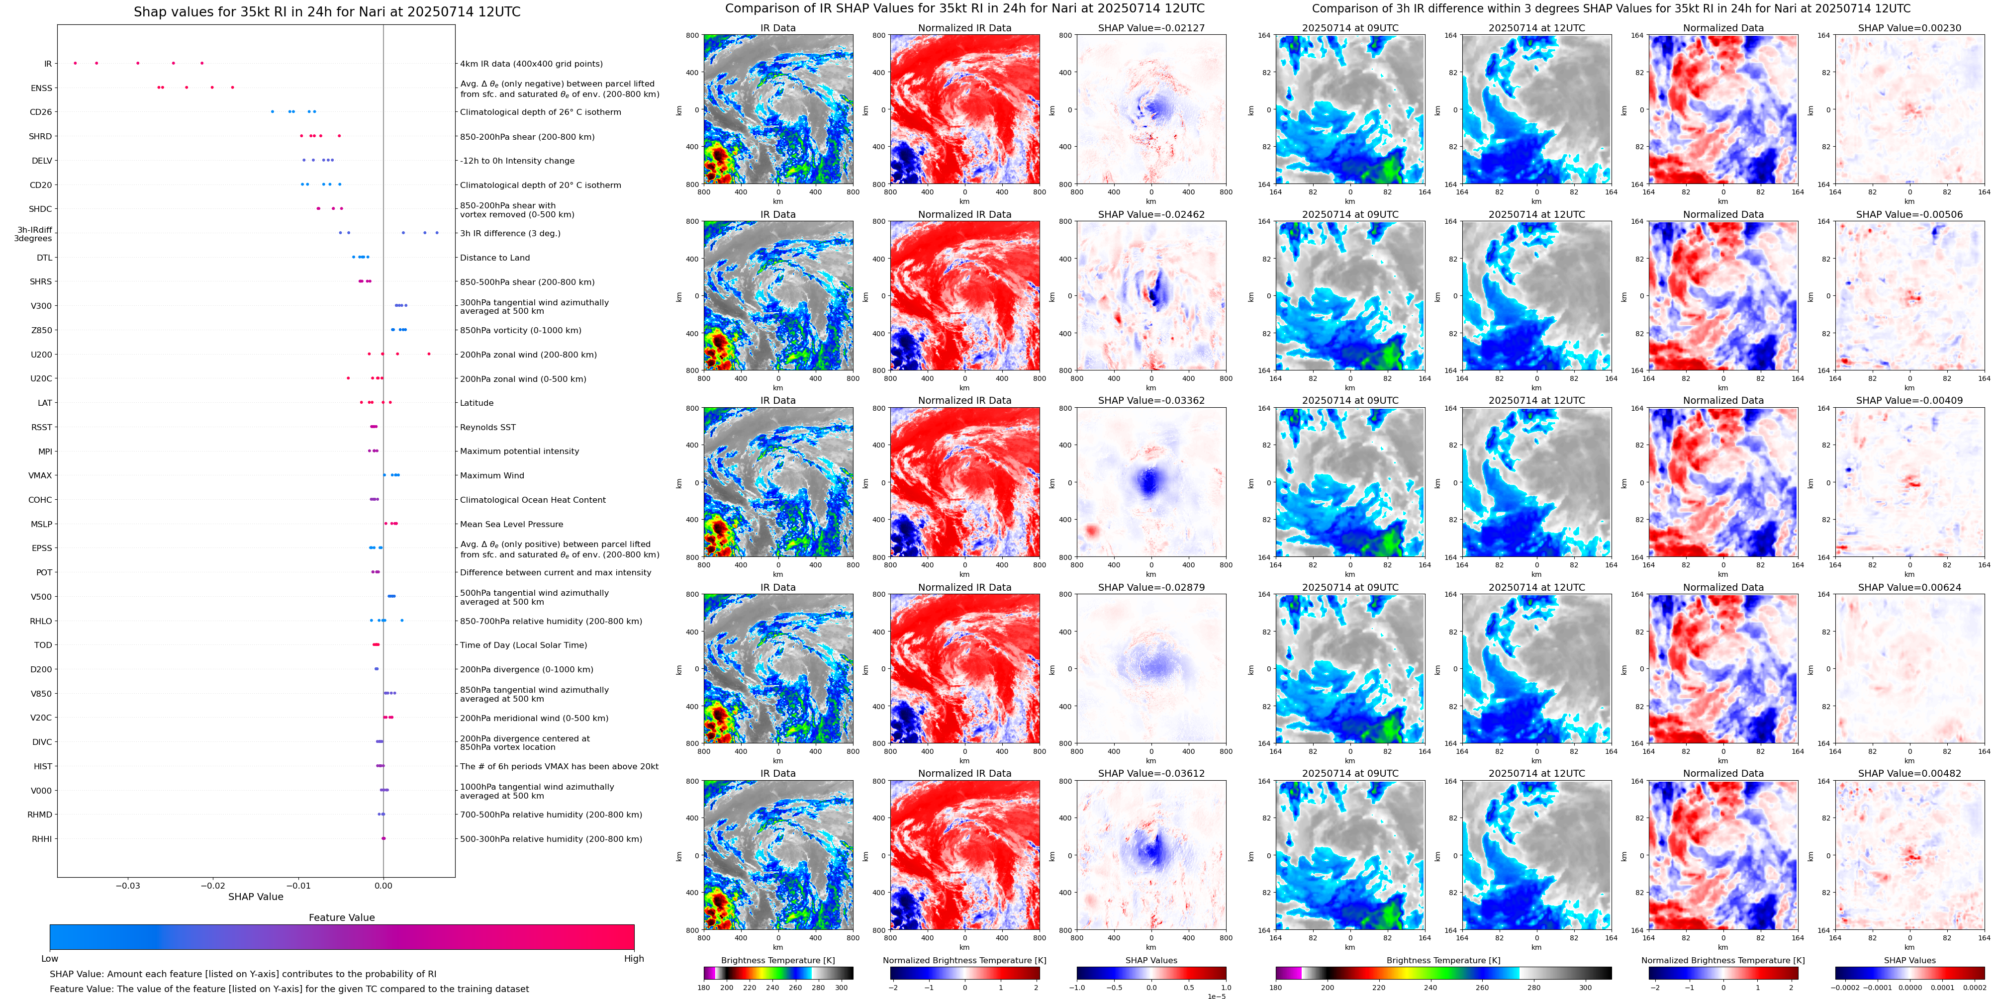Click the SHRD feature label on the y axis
[x=40, y=136]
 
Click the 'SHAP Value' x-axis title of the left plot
[x=255, y=897]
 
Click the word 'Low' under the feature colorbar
[x=50, y=959]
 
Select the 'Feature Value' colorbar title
[x=341, y=917]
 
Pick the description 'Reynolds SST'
[x=487, y=428]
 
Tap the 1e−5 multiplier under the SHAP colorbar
[x=1216, y=996]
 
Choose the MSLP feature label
[x=42, y=525]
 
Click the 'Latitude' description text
[x=477, y=403]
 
